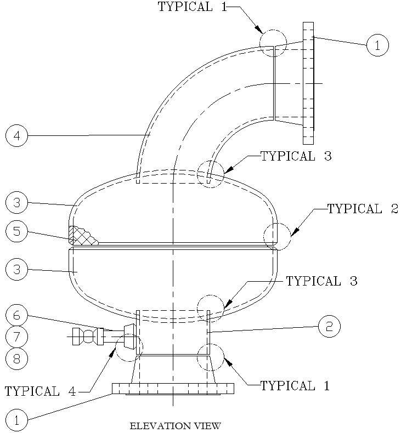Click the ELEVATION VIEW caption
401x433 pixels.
[x=175, y=425]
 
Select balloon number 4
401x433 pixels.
[x=16, y=136]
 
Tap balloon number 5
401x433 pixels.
[x=16, y=231]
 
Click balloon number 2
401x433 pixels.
[x=330, y=327]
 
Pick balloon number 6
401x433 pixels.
[x=16, y=315]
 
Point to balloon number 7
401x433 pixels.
[x=16, y=337]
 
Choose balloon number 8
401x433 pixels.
[x=16, y=359]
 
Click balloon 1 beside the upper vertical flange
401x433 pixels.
[x=377, y=45]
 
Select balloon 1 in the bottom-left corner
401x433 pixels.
[x=16, y=420]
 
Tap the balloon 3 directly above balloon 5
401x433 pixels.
[x=16, y=202]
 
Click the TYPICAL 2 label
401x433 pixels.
[x=363, y=209]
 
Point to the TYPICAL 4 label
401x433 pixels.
[x=41, y=391]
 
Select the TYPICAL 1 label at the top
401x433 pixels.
[x=193, y=7]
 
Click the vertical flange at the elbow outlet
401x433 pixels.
[x=308, y=83]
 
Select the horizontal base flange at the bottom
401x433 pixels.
[x=173, y=389]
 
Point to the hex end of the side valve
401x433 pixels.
[x=77, y=336]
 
